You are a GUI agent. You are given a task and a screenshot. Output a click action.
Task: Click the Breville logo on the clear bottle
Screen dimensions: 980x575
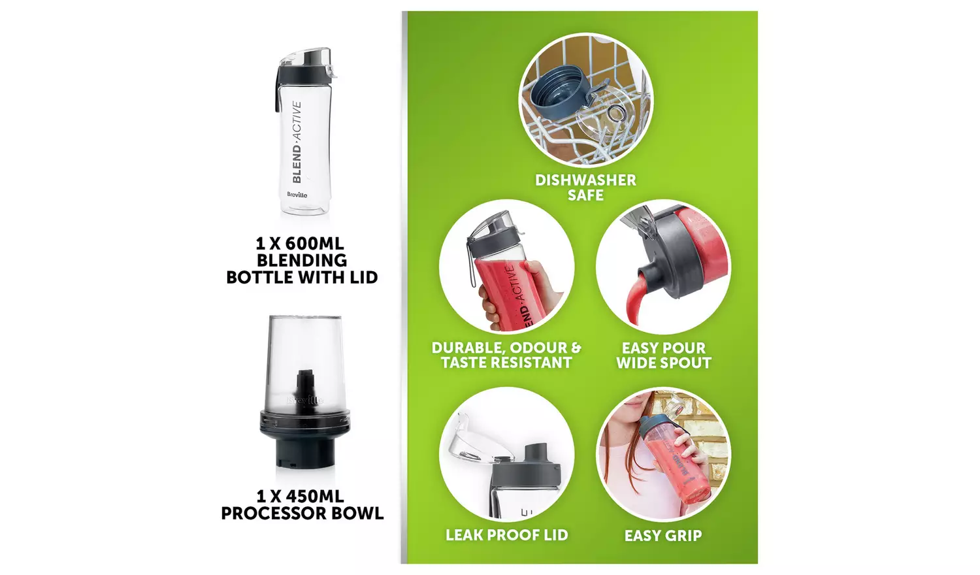pos(297,194)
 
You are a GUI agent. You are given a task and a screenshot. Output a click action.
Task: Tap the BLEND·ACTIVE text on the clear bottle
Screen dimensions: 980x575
pos(297,142)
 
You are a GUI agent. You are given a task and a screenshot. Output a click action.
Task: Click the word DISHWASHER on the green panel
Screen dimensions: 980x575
pos(585,180)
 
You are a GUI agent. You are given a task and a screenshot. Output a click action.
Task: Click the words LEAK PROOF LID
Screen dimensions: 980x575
pos(506,534)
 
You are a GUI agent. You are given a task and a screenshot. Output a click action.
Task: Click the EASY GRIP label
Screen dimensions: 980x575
pos(663,535)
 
